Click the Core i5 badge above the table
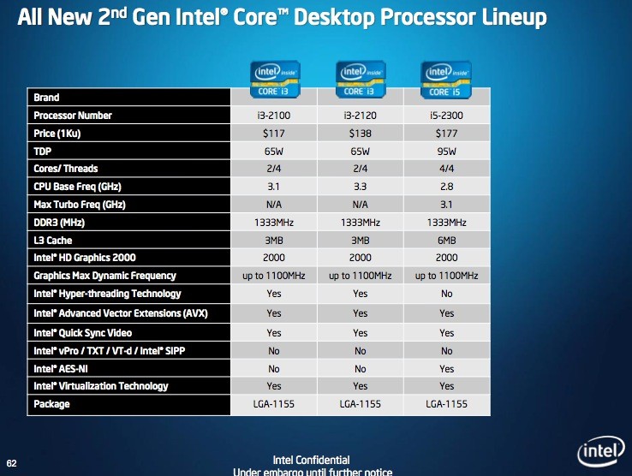click(x=446, y=80)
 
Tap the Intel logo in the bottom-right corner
click(x=600, y=451)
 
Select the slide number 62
click(x=12, y=463)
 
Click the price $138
click(x=360, y=134)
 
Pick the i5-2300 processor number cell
click(x=446, y=116)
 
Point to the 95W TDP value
click(x=446, y=152)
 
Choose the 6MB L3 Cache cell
click(x=446, y=241)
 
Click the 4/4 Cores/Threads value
click(x=446, y=169)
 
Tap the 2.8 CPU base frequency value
click(x=446, y=187)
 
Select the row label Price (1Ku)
click(x=57, y=134)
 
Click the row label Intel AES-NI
click(x=61, y=369)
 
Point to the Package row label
click(x=51, y=404)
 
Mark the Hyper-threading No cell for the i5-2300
click(x=446, y=294)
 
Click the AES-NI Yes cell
click(x=446, y=369)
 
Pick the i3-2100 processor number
click(x=274, y=116)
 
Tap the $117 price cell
click(x=274, y=134)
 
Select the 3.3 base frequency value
click(x=360, y=187)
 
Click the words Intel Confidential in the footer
click(x=311, y=460)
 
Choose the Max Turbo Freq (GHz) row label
click(x=80, y=205)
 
